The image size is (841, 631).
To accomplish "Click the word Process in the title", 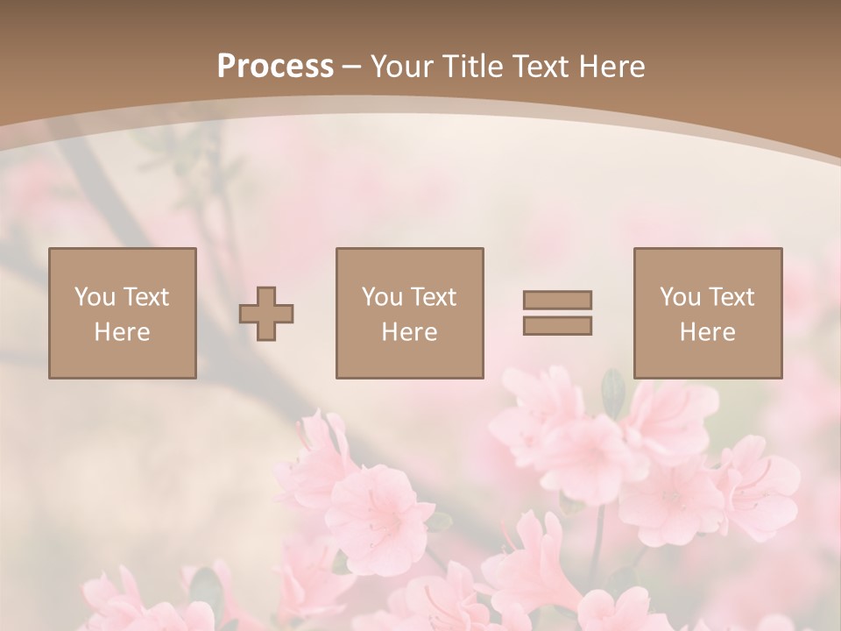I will pos(275,66).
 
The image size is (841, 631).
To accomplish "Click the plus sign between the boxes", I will pos(266,314).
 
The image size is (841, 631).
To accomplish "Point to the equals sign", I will pos(557,313).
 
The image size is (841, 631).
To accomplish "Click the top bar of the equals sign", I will pos(557,300).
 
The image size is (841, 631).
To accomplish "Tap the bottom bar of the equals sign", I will pos(557,326).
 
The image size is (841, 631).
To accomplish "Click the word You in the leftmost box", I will pos(95,297).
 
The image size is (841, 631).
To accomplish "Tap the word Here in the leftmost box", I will pos(122,332).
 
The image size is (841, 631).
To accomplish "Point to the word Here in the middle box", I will pos(409,332).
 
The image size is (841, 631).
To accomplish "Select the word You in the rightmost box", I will pos(680,297).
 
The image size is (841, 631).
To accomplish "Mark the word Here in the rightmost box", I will pos(707,332).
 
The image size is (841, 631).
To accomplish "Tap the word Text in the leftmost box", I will pos(145,297).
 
